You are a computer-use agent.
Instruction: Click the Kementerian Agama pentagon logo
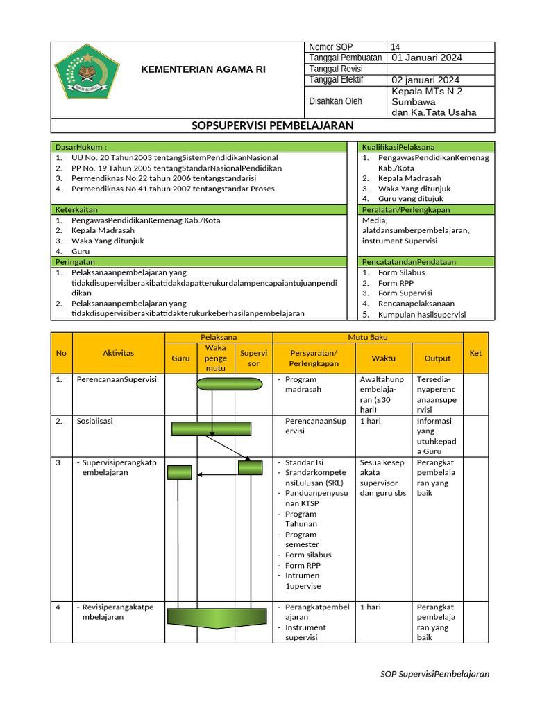click(87, 71)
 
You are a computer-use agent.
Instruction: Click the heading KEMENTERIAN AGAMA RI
click(203, 69)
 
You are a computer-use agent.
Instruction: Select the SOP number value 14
click(396, 47)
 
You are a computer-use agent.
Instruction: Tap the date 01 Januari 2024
click(427, 58)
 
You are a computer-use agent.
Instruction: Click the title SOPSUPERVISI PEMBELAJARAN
click(273, 125)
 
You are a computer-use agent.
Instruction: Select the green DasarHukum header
click(198, 147)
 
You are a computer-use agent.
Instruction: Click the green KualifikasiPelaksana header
click(426, 147)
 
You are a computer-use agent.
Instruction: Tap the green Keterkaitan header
click(198, 209)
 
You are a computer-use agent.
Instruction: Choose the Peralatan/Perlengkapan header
click(426, 209)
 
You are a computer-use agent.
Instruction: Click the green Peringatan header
click(198, 262)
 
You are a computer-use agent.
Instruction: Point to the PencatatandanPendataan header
click(426, 262)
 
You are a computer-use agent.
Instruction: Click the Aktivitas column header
click(118, 353)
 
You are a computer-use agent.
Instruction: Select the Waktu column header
click(383, 358)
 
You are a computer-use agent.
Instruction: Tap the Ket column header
click(475, 353)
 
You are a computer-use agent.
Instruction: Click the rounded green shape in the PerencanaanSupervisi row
click(229, 384)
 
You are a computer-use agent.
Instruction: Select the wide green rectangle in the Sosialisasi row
click(212, 428)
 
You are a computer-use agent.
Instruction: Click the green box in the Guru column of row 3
click(179, 472)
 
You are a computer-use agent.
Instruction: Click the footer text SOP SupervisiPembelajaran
click(435, 674)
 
